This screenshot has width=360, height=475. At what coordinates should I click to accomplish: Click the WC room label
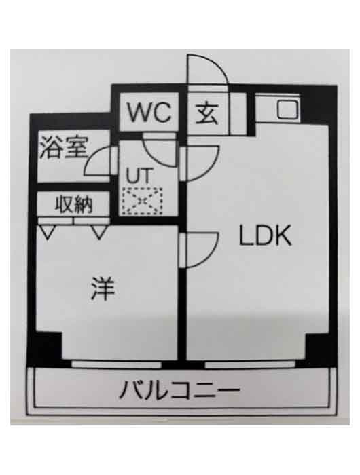pyautogui.click(x=149, y=113)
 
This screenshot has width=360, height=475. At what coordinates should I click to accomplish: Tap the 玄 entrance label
pyautogui.click(x=206, y=114)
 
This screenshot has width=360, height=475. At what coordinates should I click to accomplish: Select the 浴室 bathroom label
pyautogui.click(x=64, y=148)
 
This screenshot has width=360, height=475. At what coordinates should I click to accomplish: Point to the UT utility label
pyautogui.click(x=139, y=176)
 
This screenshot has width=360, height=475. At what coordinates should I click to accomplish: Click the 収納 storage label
pyautogui.click(x=74, y=204)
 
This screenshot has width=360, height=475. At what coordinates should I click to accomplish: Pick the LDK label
pyautogui.click(x=266, y=235)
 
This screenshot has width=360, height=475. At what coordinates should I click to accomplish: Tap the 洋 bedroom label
pyautogui.click(x=103, y=288)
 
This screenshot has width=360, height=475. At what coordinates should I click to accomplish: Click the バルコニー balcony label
pyautogui.click(x=179, y=389)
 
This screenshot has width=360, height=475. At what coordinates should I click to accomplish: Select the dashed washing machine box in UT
pyautogui.click(x=142, y=201)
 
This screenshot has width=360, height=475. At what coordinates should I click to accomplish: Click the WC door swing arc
pyautogui.click(x=151, y=157)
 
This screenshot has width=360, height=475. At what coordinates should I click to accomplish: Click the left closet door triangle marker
pyautogui.click(x=48, y=232)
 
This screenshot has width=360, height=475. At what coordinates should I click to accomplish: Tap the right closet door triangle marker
pyautogui.click(x=99, y=232)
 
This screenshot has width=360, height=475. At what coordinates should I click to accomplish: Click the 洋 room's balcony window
pyautogui.click(x=117, y=364)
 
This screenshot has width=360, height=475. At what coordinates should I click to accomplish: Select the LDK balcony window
pyautogui.click(x=250, y=364)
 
